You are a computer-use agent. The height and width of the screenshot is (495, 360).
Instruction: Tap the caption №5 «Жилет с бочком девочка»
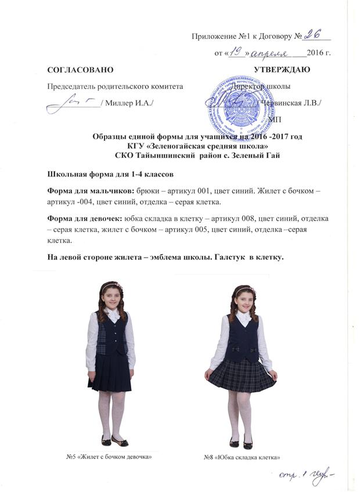(x=113, y=457)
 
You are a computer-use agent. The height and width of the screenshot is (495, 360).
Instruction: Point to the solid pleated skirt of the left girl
(x=110, y=372)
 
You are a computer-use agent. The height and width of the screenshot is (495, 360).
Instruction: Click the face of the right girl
(x=243, y=299)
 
